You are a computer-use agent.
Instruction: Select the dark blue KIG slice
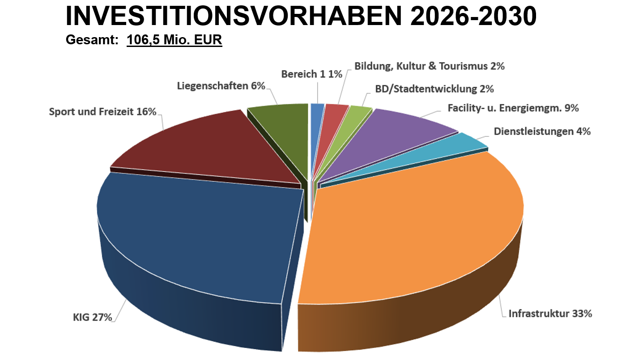[201, 233]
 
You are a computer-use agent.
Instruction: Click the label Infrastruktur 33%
[550, 313]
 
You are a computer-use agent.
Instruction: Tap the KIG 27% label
[92, 318]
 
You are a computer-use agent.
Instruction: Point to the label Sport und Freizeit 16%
[102, 111]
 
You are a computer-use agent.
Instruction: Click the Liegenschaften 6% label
[221, 85]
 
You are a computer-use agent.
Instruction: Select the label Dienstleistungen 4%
[542, 131]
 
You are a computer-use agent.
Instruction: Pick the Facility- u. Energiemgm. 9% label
[513, 108]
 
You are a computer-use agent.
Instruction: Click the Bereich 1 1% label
[311, 74]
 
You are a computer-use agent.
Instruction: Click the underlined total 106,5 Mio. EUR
[175, 40]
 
